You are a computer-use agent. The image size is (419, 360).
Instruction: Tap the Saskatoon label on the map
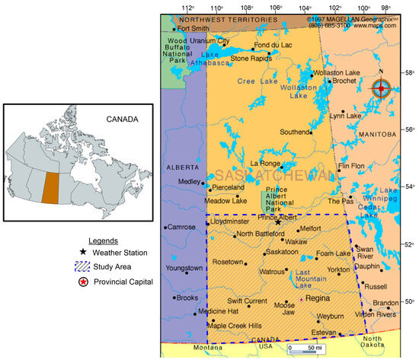click(x=283, y=251)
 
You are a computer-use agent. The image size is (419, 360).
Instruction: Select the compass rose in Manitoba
click(x=381, y=88)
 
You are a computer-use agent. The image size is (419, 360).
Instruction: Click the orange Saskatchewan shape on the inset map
click(x=50, y=186)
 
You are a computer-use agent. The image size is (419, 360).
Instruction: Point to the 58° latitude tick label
click(x=408, y=73)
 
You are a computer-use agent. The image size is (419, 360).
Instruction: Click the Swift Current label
click(x=245, y=301)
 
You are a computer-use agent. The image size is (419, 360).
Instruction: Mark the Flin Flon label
click(x=351, y=166)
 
